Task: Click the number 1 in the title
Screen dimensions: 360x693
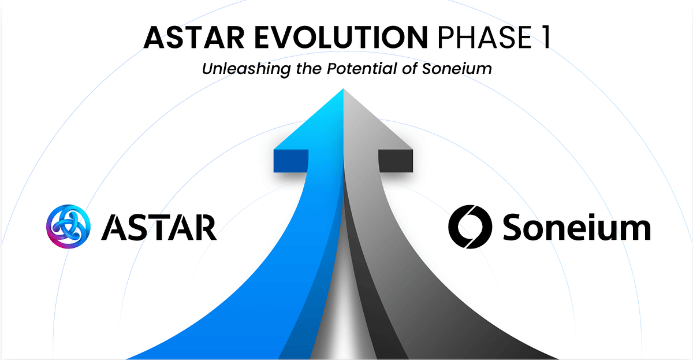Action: pyautogui.click(x=542, y=38)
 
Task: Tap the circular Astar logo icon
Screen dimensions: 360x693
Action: pyautogui.click(x=68, y=227)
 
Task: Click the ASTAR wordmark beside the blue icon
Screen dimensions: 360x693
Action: pyautogui.click(x=159, y=228)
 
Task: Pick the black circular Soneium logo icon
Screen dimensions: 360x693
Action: pyautogui.click(x=470, y=227)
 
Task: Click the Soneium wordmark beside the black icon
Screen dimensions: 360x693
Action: pyautogui.click(x=576, y=228)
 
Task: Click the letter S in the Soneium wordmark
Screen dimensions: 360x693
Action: pyautogui.click(x=514, y=228)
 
